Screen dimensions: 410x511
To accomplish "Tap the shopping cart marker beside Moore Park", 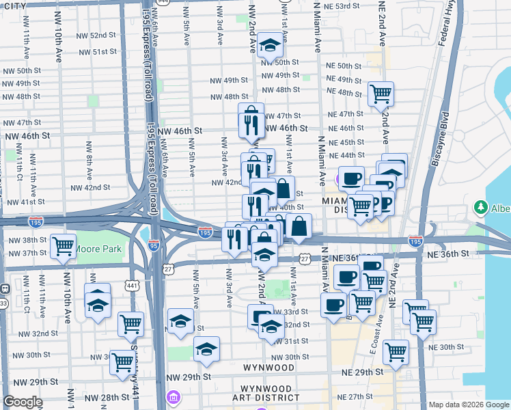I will (64, 245).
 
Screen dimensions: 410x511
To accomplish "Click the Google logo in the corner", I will (23, 402).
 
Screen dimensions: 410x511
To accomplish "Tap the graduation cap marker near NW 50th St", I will (271, 46).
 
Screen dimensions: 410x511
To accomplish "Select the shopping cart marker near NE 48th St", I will (381, 94).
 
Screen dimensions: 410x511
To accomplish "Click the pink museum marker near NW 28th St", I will (174, 397).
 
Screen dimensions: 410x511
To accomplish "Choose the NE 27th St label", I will (367, 396).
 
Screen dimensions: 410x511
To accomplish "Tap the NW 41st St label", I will (25, 202).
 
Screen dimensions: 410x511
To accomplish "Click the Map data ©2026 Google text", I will (468, 405).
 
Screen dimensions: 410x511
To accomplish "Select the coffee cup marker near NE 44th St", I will (352, 179).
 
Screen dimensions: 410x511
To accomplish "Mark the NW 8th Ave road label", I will (89, 156).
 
